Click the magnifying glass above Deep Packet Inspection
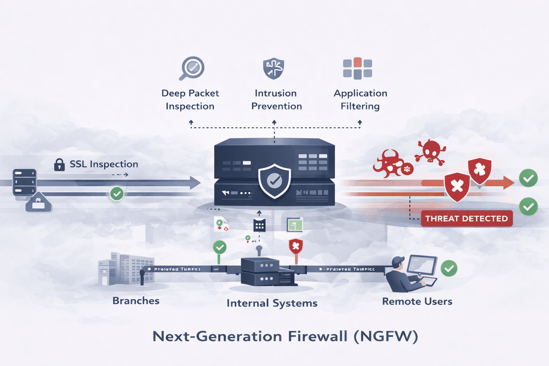pyautogui.click(x=192, y=68)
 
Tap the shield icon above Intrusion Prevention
pyautogui.click(x=274, y=68)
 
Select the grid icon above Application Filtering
pyautogui.click(x=357, y=68)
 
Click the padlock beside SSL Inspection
pyautogui.click(x=59, y=164)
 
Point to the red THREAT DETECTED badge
pyautogui.click(x=466, y=218)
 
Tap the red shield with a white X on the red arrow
pyautogui.click(x=457, y=186)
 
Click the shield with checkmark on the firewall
pyautogui.click(x=274, y=181)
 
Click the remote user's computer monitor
pyautogui.click(x=423, y=265)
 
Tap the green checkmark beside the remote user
pyautogui.click(x=449, y=268)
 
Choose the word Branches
pyautogui.click(x=136, y=301)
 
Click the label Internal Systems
pyautogui.click(x=272, y=303)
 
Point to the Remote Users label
pyautogui.click(x=417, y=301)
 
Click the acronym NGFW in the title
pyautogui.click(x=386, y=336)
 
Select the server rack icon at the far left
pyautogui.click(x=25, y=182)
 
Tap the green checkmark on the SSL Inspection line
pyautogui.click(x=117, y=194)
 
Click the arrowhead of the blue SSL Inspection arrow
pyautogui.click(x=195, y=183)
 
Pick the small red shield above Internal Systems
pyautogui.click(x=296, y=246)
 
